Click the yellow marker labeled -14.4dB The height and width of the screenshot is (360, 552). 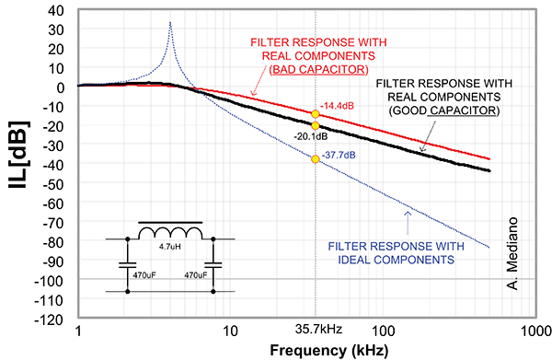(x=316, y=114)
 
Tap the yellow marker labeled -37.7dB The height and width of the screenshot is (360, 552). (x=316, y=159)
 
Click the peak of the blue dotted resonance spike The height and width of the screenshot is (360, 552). (x=170, y=23)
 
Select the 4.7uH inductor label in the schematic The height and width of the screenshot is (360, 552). (x=170, y=246)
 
